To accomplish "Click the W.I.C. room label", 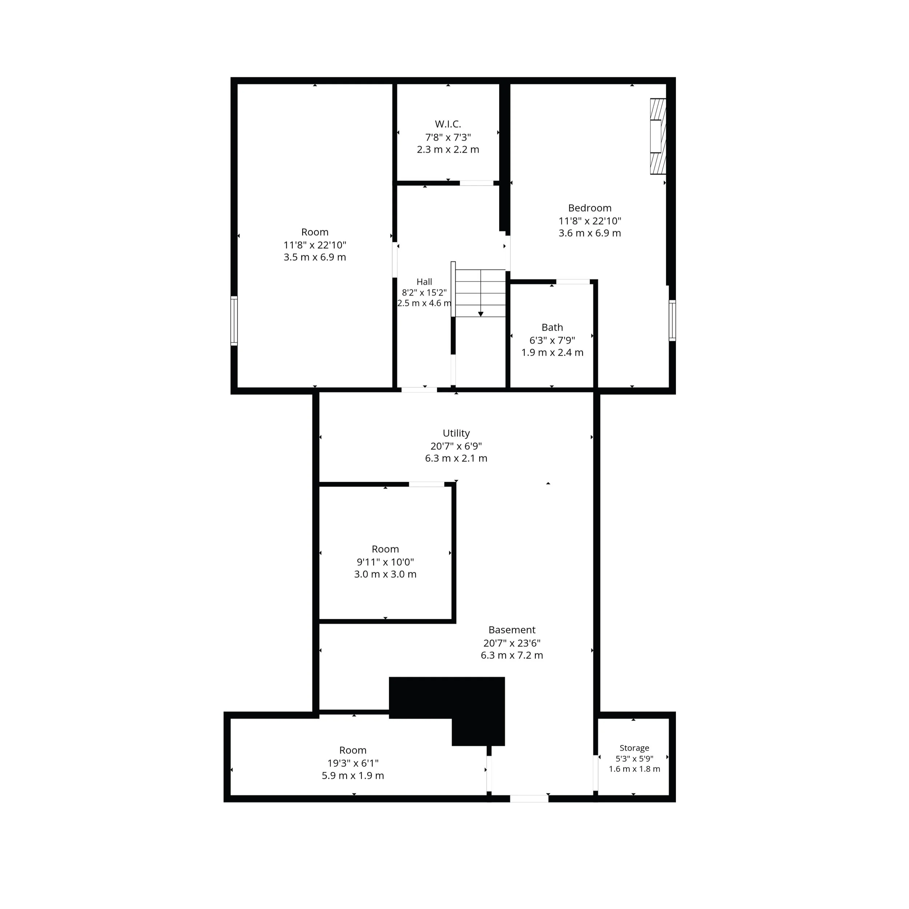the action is click(448, 124).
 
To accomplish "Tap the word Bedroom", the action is click(589, 208).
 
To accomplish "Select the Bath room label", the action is click(552, 328).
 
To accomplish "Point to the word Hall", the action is click(424, 282).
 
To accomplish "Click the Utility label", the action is click(456, 433).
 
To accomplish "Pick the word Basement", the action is click(512, 630).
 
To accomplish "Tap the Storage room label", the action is click(634, 748).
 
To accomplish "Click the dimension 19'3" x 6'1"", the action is click(353, 763).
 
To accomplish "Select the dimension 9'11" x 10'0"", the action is click(385, 562).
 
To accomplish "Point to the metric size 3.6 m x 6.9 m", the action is click(589, 233).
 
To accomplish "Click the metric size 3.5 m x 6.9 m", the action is click(315, 257).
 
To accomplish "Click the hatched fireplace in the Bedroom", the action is click(658, 136).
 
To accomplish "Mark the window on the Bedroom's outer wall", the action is click(672, 320).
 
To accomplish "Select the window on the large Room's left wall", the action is click(234, 321).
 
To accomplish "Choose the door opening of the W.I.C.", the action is click(476, 183).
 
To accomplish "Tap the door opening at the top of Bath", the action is click(573, 282).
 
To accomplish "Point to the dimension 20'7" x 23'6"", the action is click(512, 643).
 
